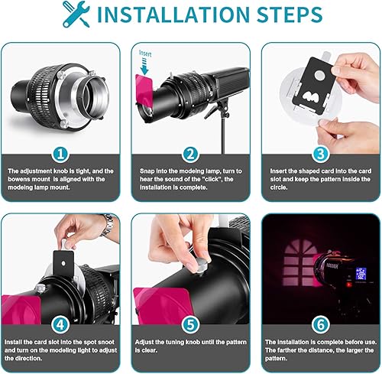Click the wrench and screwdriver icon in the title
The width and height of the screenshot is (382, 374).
click(x=76, y=14)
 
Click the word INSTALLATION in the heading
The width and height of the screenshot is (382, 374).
click(x=173, y=15)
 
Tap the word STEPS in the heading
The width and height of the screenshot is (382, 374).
click(x=290, y=15)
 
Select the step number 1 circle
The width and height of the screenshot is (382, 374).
click(x=60, y=154)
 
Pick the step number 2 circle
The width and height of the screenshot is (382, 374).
click(x=191, y=154)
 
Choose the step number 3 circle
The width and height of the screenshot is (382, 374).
click(x=321, y=154)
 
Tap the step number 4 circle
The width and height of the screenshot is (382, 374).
click(x=60, y=325)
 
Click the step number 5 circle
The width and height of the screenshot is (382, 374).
click(x=191, y=325)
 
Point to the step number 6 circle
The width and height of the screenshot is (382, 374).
click(x=321, y=325)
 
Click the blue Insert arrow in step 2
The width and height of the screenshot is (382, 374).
click(x=144, y=67)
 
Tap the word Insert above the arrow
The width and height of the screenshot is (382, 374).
click(x=145, y=54)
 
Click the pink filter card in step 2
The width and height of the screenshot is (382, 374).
click(x=144, y=88)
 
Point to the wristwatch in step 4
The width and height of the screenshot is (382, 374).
click(x=108, y=225)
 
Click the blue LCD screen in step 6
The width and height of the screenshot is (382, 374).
click(x=361, y=274)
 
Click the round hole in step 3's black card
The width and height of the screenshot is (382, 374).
click(x=319, y=76)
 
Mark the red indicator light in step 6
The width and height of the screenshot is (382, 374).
click(x=348, y=284)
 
